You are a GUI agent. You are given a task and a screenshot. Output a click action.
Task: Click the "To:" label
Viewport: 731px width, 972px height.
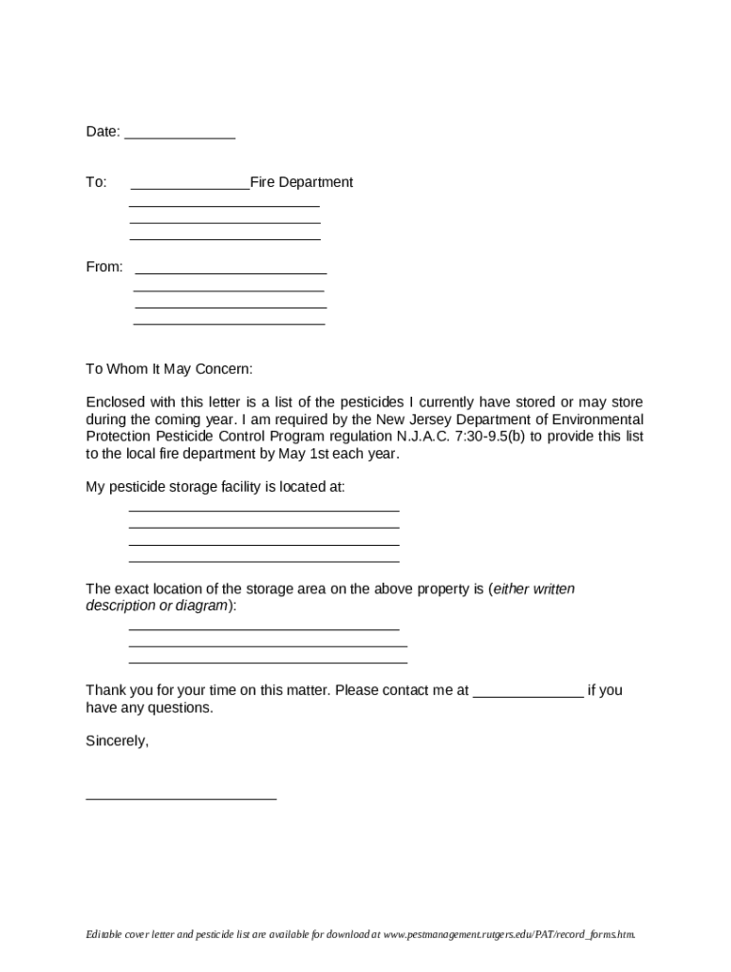point(96,182)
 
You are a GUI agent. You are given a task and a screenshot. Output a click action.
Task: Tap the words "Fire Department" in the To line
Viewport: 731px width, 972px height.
point(301,182)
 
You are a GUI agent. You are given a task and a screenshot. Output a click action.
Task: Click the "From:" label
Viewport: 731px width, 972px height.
point(104,267)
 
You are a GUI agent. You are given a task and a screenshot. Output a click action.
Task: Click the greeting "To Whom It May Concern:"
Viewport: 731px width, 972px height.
point(169,368)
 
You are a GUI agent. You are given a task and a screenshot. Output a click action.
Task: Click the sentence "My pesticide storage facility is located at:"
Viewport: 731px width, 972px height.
point(216,487)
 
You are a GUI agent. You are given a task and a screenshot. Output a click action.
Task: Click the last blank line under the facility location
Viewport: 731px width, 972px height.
point(263,561)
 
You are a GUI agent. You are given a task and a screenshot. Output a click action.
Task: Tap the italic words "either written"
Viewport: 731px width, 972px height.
point(534,589)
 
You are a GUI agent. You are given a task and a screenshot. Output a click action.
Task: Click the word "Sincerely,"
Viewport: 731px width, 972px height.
point(117,741)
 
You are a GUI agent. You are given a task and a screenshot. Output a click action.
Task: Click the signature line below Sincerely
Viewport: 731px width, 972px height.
point(180,798)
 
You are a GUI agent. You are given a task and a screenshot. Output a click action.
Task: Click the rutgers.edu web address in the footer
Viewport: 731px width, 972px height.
point(508,935)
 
